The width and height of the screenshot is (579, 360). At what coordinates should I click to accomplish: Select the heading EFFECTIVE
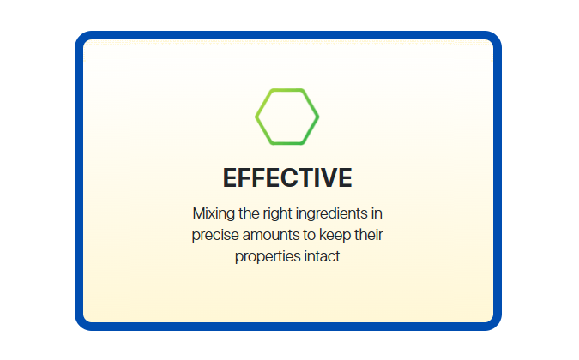287,177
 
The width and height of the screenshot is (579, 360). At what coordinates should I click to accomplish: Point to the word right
277,214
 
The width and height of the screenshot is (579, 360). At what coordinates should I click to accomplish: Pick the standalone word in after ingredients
377,213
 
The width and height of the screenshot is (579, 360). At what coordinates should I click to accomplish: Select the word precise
215,236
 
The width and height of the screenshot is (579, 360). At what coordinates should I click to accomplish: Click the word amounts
271,236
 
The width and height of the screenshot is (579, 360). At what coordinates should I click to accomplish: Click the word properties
268,257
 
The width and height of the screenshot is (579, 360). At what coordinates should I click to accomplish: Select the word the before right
249,213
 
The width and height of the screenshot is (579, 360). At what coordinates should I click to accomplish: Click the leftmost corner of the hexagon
256,117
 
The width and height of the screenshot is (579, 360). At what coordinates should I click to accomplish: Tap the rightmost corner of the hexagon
318,117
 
